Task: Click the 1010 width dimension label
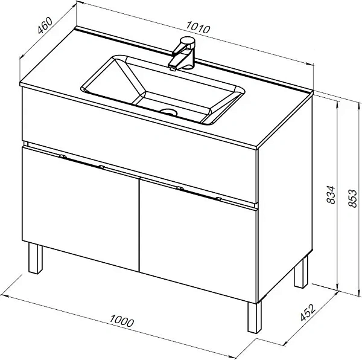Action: click(198, 27)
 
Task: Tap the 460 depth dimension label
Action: click(45, 25)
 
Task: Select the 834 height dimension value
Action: click(331, 194)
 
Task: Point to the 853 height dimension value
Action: click(352, 198)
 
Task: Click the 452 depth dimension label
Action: click(308, 313)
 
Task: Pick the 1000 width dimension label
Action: click(121, 321)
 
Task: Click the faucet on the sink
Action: click(183, 54)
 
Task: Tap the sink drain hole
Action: click(169, 112)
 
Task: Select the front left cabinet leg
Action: click(36, 259)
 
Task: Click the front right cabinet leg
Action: click(255, 317)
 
